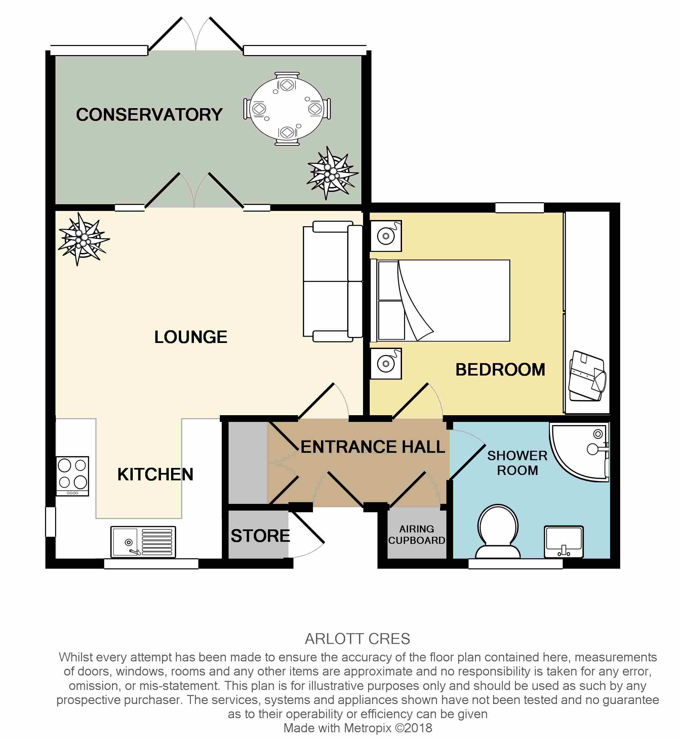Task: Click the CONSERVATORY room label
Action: (149, 115)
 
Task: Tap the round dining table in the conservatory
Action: (287, 109)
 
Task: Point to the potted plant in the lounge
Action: (84, 239)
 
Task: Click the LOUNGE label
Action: (191, 337)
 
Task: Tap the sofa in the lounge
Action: (333, 281)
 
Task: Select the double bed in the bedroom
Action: (440, 300)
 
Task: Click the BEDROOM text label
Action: (501, 369)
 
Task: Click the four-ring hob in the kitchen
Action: (72, 476)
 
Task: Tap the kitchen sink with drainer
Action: (143, 542)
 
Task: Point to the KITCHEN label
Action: (155, 475)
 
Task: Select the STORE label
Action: (261, 536)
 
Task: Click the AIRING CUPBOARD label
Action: (417, 535)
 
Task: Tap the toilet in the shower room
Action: (498, 531)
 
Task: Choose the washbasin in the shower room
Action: (564, 542)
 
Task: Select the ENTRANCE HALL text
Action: (373, 447)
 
